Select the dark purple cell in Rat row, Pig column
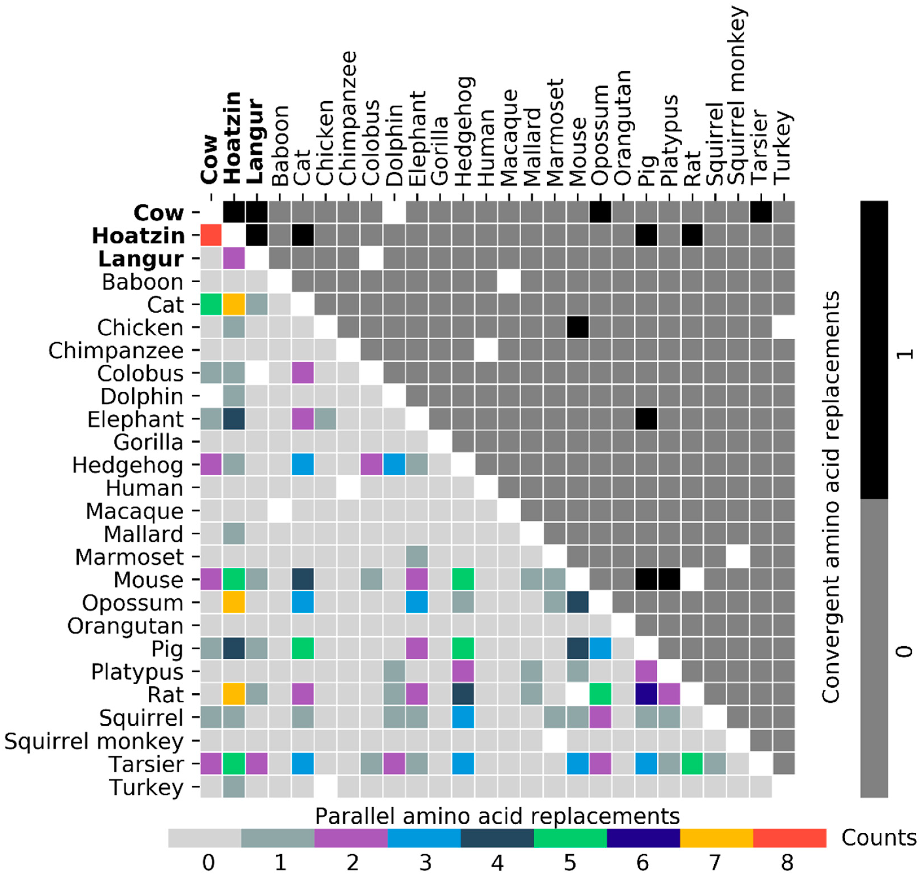coord(646,694)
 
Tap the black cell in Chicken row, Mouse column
coord(577,327)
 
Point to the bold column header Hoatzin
coord(232,138)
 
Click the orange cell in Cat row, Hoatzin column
coord(234,304)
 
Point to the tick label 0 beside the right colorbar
coord(905,651)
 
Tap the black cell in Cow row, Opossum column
coord(600,212)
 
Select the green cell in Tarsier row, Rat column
coord(691,764)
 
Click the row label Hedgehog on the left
coord(128,465)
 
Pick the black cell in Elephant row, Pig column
coord(646,419)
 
